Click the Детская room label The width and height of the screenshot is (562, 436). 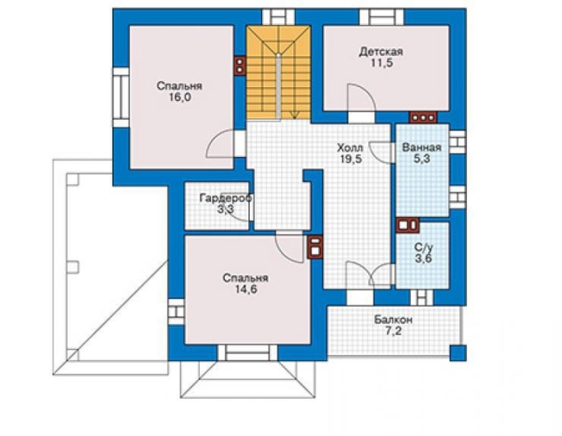[381, 52]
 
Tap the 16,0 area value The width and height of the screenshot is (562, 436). [180, 98]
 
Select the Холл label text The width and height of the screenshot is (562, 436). [350, 147]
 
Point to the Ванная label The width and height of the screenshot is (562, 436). [422, 147]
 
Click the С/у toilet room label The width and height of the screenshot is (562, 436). [424, 247]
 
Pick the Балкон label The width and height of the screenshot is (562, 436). [393, 319]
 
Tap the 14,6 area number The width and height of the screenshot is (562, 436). [246, 289]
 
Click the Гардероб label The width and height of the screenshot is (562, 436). [226, 198]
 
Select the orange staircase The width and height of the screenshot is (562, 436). [278, 73]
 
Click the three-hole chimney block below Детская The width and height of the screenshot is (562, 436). [424, 117]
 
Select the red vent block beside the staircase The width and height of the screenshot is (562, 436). [239, 66]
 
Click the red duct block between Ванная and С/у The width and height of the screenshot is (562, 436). [407, 224]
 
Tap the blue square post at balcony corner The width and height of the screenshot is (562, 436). [458, 353]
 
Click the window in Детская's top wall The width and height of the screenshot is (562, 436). [381, 16]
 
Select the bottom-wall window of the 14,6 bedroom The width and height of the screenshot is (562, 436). [247, 352]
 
